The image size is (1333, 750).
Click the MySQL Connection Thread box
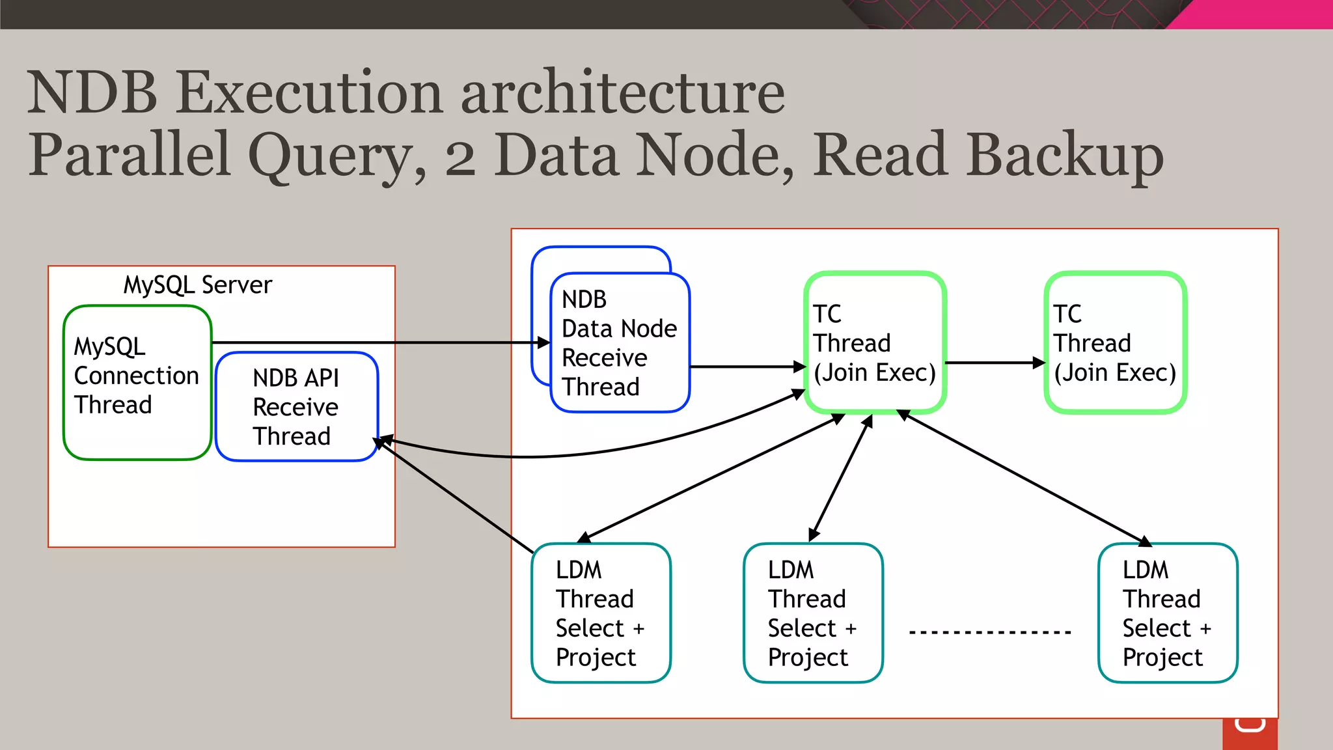tap(137, 382)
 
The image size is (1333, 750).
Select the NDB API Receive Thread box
tap(296, 407)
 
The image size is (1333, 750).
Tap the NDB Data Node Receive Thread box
tap(620, 342)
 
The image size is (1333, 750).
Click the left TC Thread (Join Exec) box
tap(875, 342)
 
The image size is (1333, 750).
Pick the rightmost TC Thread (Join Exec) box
tap(1115, 342)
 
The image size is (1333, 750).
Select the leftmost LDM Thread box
tap(601, 613)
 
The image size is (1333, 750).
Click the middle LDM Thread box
tap(813, 613)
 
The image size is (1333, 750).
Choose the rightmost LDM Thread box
tap(1168, 613)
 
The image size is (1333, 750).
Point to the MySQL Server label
tap(198, 285)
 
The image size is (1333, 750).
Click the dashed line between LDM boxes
tap(990, 632)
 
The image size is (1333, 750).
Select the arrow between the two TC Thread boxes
tap(995, 363)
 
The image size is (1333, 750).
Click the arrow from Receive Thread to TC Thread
tap(747, 367)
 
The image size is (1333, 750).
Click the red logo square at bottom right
tap(1250, 734)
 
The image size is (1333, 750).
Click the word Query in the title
tap(337, 156)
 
